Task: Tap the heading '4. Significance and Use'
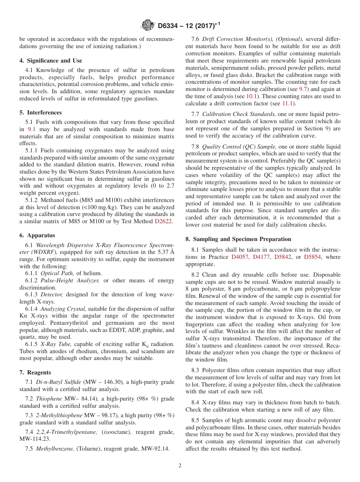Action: pyautogui.click(x=51, y=61)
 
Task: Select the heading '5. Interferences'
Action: pyautogui.click(x=41, y=113)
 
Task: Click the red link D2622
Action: pyautogui.click(x=164, y=222)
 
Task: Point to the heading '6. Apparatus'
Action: pyautogui.click(x=37, y=235)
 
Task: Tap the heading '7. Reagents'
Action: pyautogui.click(x=35, y=372)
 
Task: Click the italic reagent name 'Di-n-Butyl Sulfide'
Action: pyautogui.click(x=58, y=382)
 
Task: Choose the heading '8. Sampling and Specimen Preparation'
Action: pyautogui.click(x=238, y=239)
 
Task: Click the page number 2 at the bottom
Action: pyautogui.click(x=180, y=466)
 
